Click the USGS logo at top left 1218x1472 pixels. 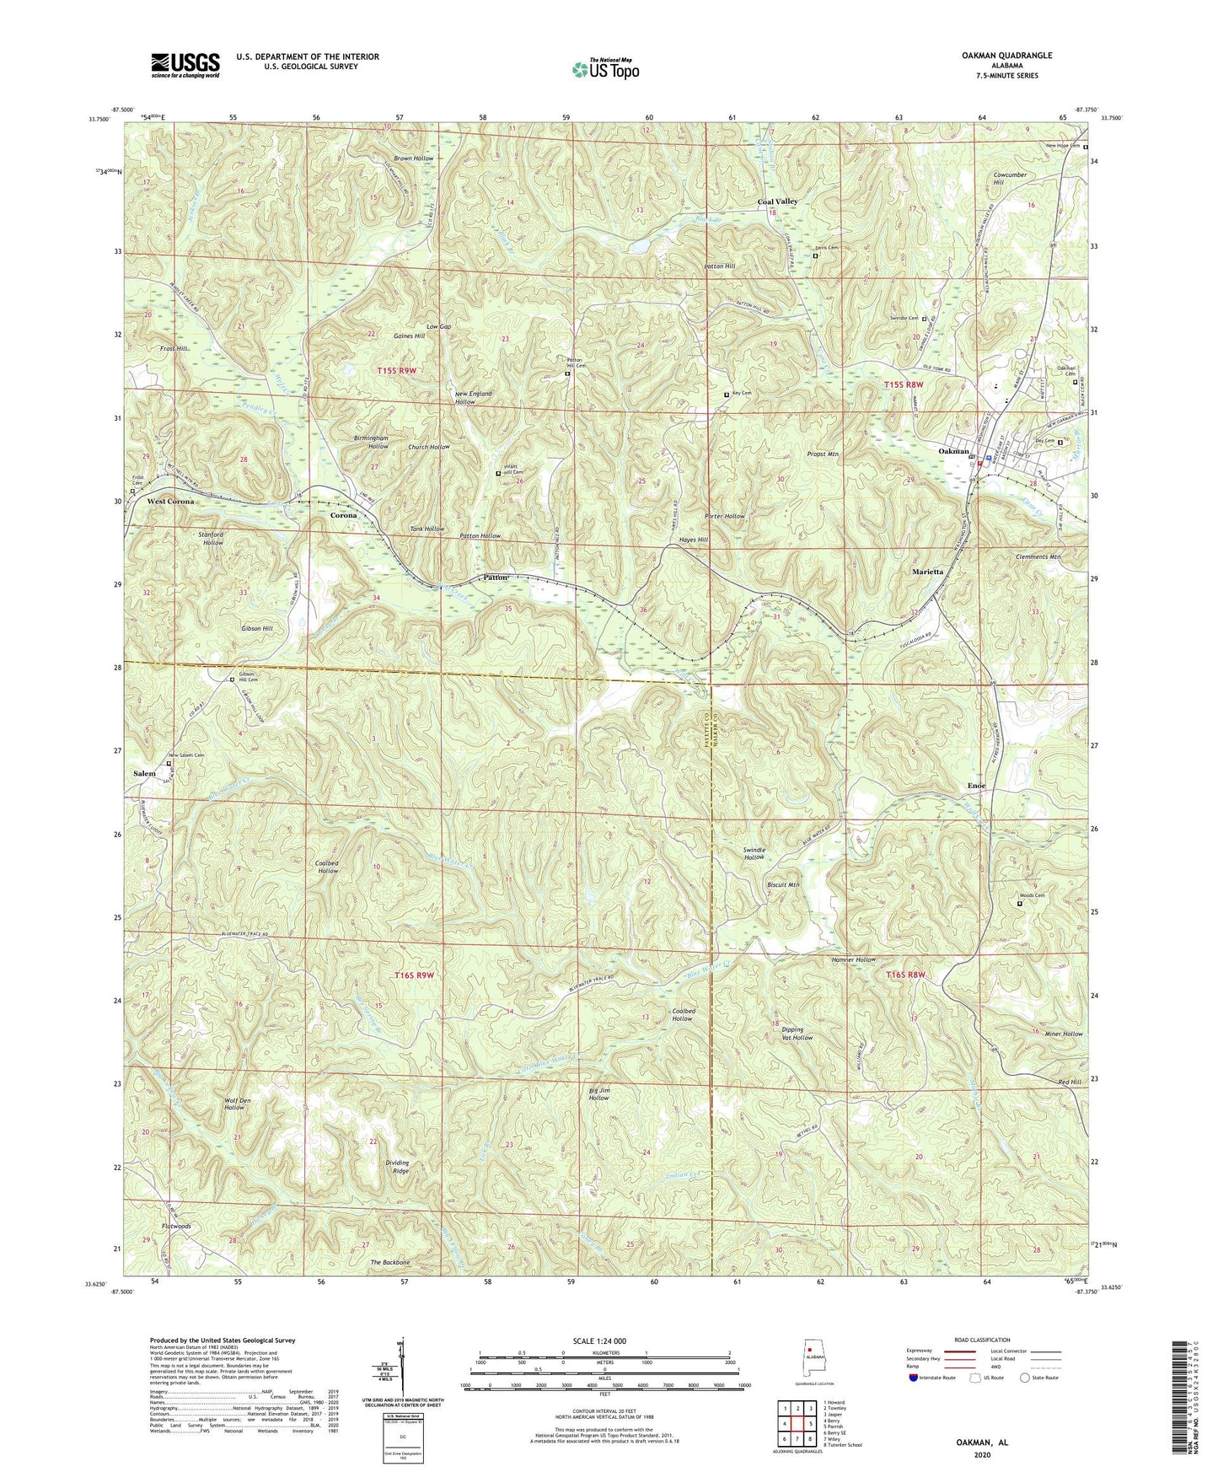click(185, 64)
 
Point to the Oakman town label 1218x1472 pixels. click(954, 451)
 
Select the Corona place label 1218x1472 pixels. click(343, 515)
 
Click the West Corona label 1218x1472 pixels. click(170, 502)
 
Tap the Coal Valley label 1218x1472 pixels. click(777, 202)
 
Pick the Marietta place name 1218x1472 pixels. click(933, 572)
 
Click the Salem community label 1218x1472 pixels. click(145, 773)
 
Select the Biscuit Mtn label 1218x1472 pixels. click(783, 885)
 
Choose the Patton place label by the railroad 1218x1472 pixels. click(496, 578)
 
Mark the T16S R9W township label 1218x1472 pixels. click(414, 975)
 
